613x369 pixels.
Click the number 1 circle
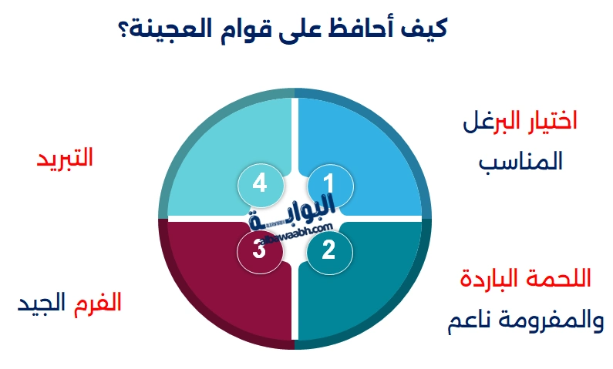coord(329,184)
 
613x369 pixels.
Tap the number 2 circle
coord(329,250)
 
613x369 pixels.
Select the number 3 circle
coord(259,250)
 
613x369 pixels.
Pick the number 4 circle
coord(259,184)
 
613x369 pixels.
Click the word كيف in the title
coord(427,28)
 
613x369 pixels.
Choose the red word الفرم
coord(98,303)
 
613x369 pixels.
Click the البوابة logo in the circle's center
coord(294,216)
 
